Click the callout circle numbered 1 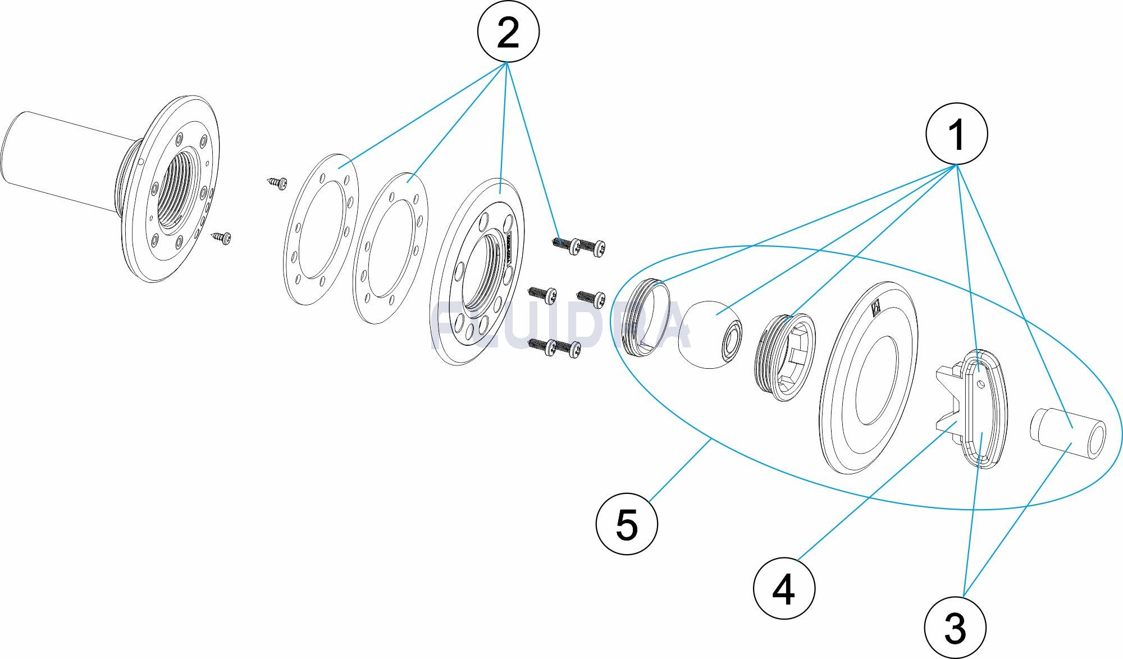(956, 135)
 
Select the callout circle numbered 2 (508, 32)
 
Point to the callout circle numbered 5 (627, 525)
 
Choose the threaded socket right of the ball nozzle (786, 357)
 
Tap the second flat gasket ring (391, 247)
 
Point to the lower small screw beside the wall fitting (222, 237)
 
